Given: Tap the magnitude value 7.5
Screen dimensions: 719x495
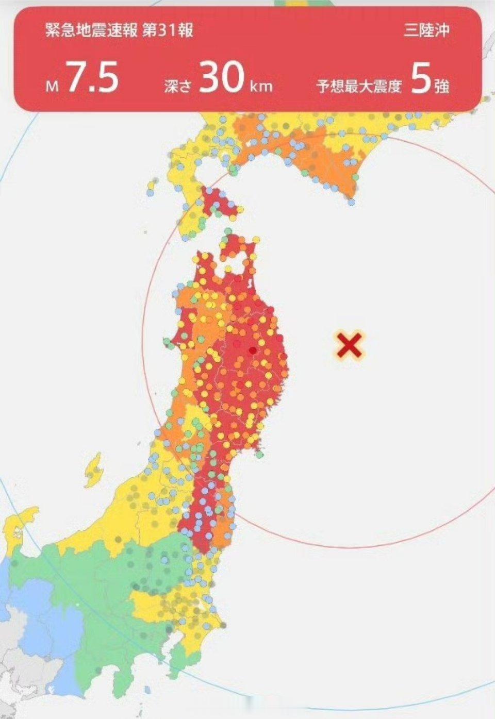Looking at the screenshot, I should click(93, 77).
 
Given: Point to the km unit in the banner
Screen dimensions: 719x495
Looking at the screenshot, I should click(261, 86).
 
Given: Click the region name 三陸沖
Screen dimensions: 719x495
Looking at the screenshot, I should click(426, 30).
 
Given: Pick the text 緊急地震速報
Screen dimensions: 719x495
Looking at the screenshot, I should click(91, 30).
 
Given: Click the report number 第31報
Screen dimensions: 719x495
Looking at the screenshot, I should click(168, 30).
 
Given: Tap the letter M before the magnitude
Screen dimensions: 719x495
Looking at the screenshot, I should click(52, 86).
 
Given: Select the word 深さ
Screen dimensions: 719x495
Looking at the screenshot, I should click(178, 86).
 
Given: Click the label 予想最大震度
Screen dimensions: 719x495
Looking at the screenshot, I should click(359, 86).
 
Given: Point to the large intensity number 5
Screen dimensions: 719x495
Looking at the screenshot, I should click(420, 78).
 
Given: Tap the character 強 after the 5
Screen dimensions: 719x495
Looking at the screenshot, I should click(442, 86).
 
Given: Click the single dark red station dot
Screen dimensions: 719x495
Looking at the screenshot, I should click(252, 350).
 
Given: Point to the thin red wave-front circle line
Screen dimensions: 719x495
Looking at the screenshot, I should click(143, 340).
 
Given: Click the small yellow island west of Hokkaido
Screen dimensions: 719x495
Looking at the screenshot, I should click(152, 185).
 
